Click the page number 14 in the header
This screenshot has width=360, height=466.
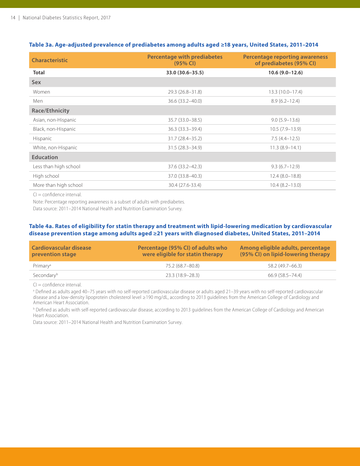pos(13,18)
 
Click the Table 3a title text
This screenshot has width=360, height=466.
pos(174,45)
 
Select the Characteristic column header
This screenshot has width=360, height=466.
pos(50,60)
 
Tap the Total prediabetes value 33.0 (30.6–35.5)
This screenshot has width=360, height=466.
pos(185,73)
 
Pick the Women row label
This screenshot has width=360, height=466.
pos(41,92)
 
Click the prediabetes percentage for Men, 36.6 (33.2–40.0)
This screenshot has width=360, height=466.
pos(185,101)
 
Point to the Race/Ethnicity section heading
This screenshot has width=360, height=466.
pos(50,111)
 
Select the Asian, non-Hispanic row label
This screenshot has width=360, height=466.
pos(54,120)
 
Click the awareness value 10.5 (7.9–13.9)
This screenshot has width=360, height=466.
pos(285,129)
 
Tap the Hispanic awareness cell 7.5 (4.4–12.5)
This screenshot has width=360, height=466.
pos(285,139)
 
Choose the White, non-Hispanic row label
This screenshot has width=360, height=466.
pos(55,148)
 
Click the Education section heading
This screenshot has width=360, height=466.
pos(45,157)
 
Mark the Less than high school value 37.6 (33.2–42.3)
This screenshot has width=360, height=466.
pos(185,167)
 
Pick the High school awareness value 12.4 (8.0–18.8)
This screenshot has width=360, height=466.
pos(285,176)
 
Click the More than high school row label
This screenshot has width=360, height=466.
pos(58,185)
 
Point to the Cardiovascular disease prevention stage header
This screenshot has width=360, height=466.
pos(61,251)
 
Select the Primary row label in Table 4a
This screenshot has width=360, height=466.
pos(42,266)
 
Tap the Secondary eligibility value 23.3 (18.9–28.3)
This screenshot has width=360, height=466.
pos(182,275)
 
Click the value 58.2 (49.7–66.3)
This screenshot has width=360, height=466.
pos(285,266)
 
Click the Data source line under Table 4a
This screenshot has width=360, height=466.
pos(108,322)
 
